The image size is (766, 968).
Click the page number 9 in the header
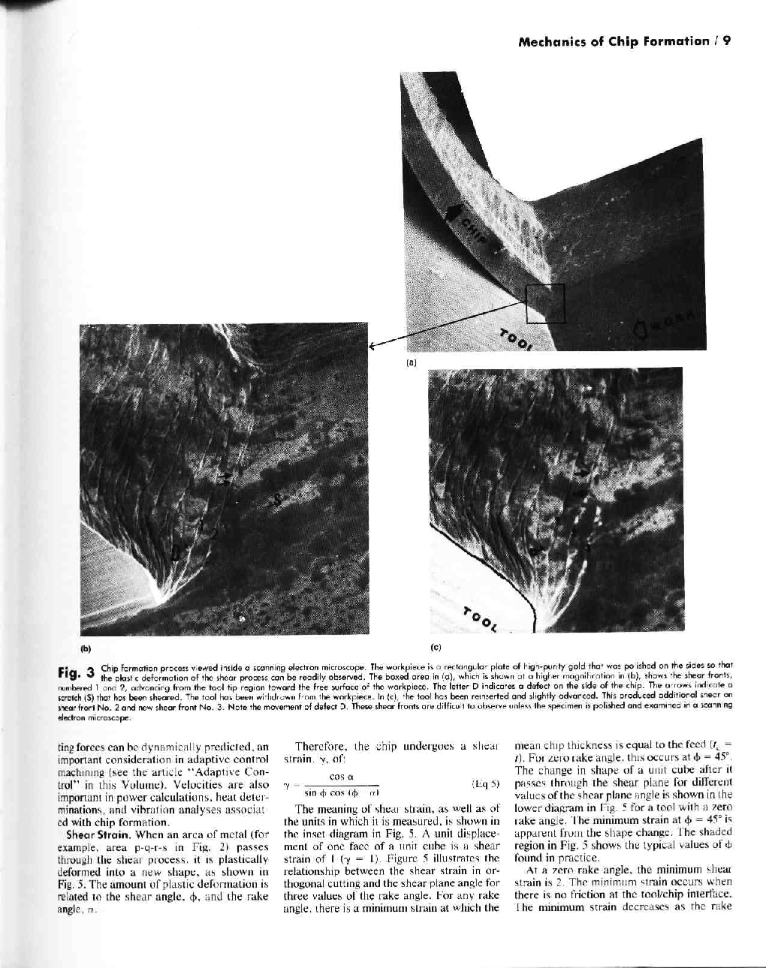tap(727, 42)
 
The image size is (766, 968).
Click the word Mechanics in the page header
tap(551, 42)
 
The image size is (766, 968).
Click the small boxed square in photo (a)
tap(544, 303)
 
